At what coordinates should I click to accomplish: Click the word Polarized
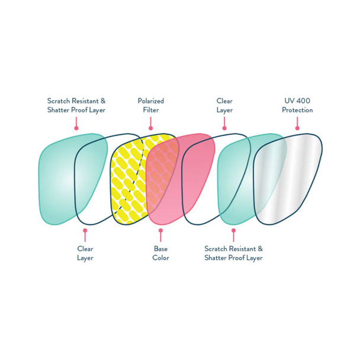tap(150, 101)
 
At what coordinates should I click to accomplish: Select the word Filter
tap(150, 110)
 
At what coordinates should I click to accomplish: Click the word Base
tap(160, 249)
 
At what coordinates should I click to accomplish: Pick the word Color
tap(160, 258)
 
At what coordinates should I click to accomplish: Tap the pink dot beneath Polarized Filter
tap(150, 127)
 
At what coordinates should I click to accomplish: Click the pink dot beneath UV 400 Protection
tap(297, 127)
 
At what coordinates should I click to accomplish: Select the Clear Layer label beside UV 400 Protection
tap(224, 105)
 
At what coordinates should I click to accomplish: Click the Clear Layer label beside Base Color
tap(85, 253)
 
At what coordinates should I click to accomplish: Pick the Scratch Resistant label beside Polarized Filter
tap(77, 105)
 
